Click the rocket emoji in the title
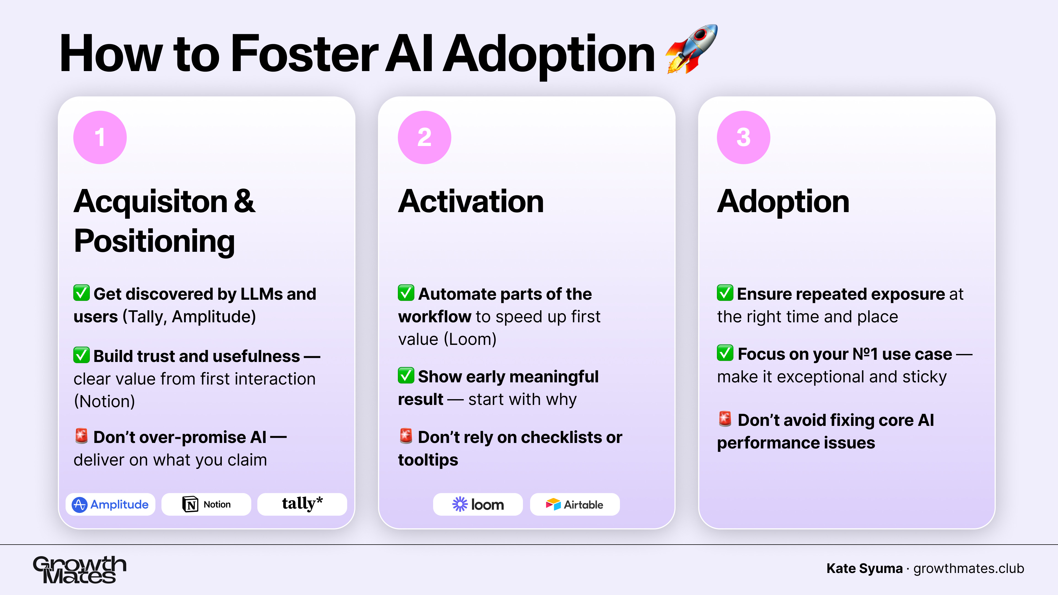pyautogui.click(x=692, y=49)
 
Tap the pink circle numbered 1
pyautogui.click(x=100, y=137)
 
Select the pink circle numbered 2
pyautogui.click(x=424, y=137)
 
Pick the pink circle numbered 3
pyautogui.click(x=743, y=137)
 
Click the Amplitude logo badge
pyautogui.click(x=110, y=504)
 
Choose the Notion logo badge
pyautogui.click(x=206, y=504)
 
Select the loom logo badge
pyautogui.click(x=478, y=504)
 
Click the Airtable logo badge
pyautogui.click(x=574, y=504)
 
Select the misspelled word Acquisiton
pyautogui.click(x=150, y=202)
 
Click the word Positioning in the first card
pyautogui.click(x=154, y=241)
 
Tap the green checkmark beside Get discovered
pyautogui.click(x=81, y=293)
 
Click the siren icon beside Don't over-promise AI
pyautogui.click(x=81, y=436)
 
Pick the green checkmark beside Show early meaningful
pyautogui.click(x=406, y=375)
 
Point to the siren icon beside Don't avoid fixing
pyautogui.click(x=725, y=419)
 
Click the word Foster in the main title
pyautogui.click(x=304, y=53)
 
